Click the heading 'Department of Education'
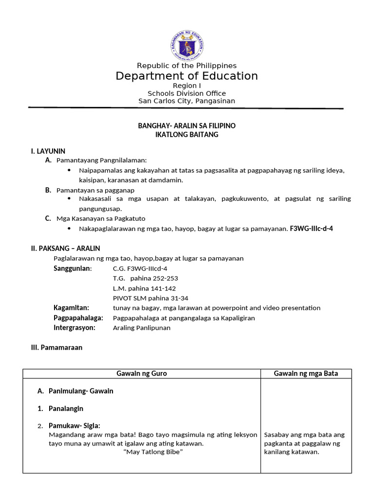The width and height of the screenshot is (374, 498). [x=187, y=76]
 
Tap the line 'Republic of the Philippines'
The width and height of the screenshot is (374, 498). [x=187, y=66]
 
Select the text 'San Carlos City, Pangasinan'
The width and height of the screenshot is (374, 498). [x=187, y=101]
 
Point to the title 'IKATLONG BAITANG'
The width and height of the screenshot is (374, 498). [x=187, y=135]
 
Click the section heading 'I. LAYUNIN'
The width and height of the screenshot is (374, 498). [x=48, y=151]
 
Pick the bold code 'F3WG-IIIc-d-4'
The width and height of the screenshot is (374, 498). [x=311, y=228]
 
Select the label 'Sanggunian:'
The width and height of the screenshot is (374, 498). [x=73, y=268]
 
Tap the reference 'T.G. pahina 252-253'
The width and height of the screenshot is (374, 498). [x=145, y=278]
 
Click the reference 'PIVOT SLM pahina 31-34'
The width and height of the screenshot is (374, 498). [x=150, y=298]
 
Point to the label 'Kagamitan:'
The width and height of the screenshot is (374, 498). [x=71, y=308]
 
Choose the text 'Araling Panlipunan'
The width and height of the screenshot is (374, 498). [x=142, y=328]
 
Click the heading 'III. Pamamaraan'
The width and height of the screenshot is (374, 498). [x=56, y=348]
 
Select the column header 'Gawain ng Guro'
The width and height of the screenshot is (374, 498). [x=142, y=373]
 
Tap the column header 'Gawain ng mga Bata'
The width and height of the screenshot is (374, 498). [x=306, y=373]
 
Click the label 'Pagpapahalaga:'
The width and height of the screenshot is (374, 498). [x=78, y=318]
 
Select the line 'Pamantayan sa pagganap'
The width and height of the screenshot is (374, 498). [x=95, y=190]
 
